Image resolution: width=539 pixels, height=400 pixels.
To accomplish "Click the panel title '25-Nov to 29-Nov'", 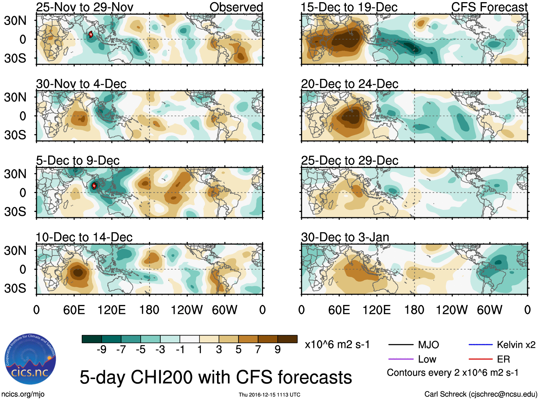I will [x=85, y=7].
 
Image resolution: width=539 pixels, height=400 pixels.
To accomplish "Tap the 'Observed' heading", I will [x=236, y=7].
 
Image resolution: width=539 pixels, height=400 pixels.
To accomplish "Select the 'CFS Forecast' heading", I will [x=489, y=7].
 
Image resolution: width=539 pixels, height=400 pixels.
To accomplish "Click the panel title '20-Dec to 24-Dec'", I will [x=349, y=84].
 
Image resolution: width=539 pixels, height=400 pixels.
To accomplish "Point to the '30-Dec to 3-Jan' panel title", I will [x=345, y=237].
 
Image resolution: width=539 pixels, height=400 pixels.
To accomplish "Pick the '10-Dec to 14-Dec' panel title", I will [x=84, y=237].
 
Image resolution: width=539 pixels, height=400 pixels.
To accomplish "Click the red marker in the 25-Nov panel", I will [x=91, y=34].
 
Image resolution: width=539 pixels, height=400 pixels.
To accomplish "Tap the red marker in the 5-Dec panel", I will [x=94, y=186].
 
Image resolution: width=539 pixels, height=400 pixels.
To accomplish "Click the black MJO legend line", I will [x=401, y=345].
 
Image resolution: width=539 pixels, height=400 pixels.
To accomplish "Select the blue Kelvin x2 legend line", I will [x=480, y=345].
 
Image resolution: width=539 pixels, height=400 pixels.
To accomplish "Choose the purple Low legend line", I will [x=401, y=359].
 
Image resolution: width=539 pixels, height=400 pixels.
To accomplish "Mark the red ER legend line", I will [x=480, y=359].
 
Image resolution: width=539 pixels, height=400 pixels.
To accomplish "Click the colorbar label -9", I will [x=101, y=350].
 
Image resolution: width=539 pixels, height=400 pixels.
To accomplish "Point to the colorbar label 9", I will [x=277, y=350].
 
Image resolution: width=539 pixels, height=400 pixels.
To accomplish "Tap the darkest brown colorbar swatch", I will [x=287, y=339].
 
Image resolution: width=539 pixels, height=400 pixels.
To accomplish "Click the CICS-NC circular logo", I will [x=30, y=359].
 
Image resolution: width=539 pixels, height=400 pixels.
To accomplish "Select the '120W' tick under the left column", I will [x=187, y=310].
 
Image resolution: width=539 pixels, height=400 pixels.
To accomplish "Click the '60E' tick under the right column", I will [x=339, y=310].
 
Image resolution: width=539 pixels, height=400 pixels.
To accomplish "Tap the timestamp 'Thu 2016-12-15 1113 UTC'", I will [x=269, y=395].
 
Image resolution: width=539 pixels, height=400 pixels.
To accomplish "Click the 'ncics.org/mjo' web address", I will [x=23, y=394].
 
